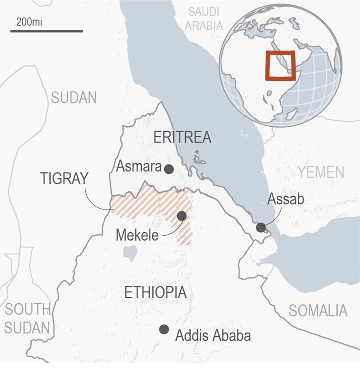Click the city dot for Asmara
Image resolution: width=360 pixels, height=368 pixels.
coord(169,169)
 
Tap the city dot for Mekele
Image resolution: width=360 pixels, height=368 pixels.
coord(181,216)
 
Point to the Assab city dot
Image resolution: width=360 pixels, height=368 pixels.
coord(260,227)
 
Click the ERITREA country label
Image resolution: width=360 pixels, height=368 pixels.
coord(182,138)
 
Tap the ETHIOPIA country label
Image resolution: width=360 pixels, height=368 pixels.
coord(155,293)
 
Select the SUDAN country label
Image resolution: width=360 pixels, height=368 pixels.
coord(74,98)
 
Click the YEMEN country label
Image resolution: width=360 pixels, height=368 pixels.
coord(321,171)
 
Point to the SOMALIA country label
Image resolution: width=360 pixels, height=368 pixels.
coord(318,311)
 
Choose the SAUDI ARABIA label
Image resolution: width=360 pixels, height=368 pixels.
coord(204,19)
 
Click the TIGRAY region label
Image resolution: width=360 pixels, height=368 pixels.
coord(65,179)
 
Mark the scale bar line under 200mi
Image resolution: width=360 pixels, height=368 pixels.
coord(46,32)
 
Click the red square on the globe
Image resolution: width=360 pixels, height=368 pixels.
coord(280,66)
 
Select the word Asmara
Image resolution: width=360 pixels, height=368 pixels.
coord(137,167)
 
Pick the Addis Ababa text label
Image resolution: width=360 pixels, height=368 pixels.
coord(212,336)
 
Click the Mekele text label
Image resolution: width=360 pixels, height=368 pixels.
coord(137,235)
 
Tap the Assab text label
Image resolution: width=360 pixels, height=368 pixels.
coord(286,198)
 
